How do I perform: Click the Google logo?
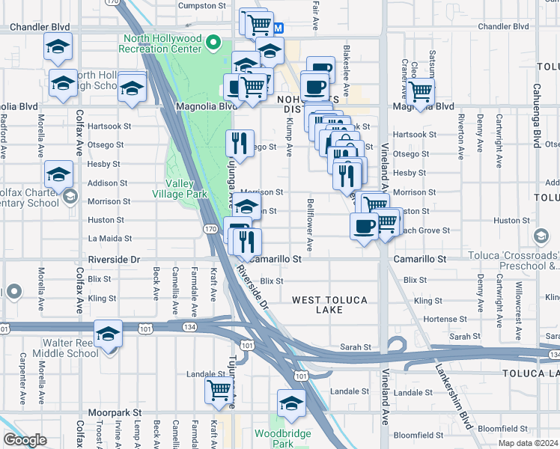coord(25,439)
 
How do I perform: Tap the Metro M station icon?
coord(278,28)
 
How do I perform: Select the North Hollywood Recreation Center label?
coord(163,43)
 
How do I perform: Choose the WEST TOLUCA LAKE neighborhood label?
coord(329,305)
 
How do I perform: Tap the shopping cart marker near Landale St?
coord(219,389)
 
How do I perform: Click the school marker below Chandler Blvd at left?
coord(58,46)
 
